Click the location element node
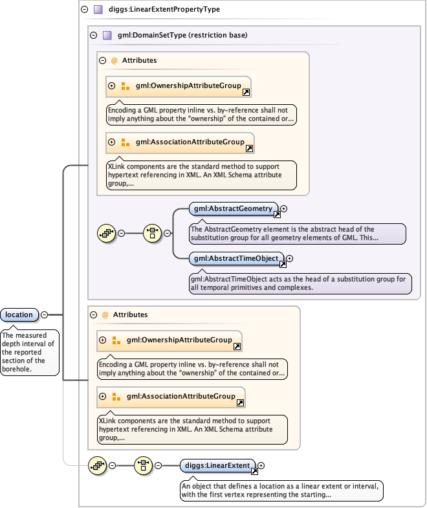point(19,315)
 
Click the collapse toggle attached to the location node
point(44,315)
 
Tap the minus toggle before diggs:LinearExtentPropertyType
point(84,10)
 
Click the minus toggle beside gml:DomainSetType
point(93,35)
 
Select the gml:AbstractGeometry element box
point(234,208)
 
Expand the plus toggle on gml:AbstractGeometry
point(283,208)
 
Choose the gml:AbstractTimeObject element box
point(236,258)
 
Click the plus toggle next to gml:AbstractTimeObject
point(289,258)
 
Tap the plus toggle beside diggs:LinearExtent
point(261,465)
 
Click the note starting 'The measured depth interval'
point(30,352)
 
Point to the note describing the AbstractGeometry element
point(297,234)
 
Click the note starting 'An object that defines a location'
point(281,491)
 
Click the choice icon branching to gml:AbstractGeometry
point(152,233)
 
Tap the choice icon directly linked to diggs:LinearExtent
point(143,465)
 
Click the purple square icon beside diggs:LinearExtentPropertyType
point(98,10)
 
